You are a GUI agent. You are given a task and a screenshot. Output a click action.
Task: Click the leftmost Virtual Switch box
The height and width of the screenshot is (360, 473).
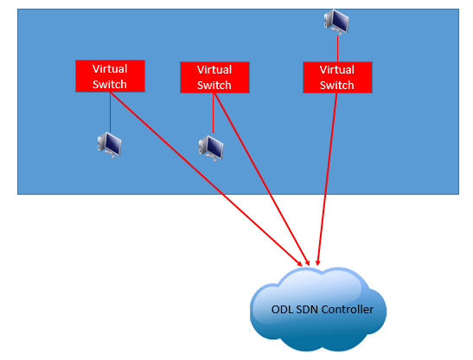(x=110, y=76)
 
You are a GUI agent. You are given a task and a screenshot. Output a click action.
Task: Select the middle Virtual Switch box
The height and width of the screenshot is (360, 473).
(x=214, y=77)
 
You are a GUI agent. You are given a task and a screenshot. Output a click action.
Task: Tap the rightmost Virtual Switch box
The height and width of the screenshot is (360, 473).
(x=337, y=77)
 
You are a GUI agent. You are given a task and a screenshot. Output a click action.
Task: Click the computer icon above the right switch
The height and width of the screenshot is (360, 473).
(x=336, y=22)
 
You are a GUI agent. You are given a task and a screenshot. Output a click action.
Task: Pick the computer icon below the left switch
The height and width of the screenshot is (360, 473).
(x=110, y=145)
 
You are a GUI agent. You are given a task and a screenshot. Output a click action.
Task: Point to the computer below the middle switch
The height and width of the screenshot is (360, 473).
(x=211, y=148)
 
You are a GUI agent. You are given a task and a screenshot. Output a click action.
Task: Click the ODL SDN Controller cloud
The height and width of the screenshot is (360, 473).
(x=318, y=309)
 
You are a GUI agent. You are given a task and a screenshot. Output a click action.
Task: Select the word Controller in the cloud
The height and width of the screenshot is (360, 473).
(x=348, y=309)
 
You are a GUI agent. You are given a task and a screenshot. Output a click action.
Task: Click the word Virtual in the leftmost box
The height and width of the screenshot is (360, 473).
(x=110, y=69)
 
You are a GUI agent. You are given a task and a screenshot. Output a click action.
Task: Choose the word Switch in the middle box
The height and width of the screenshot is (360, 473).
(x=214, y=85)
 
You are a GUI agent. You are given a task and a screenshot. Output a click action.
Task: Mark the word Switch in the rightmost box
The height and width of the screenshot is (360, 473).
(x=336, y=85)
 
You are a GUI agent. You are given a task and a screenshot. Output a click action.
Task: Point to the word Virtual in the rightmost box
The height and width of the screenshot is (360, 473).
(x=337, y=70)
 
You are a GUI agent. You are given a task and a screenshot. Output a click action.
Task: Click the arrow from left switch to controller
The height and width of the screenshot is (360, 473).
(x=206, y=179)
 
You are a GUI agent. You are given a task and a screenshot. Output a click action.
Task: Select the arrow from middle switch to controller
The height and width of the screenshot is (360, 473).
(x=261, y=179)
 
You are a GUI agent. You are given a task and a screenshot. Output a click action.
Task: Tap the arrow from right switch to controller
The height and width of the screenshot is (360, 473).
(x=327, y=179)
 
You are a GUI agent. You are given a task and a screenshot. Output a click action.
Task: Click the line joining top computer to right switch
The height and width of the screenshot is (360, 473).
(x=337, y=48)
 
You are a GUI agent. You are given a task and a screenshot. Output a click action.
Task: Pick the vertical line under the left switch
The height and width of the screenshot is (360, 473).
(x=110, y=112)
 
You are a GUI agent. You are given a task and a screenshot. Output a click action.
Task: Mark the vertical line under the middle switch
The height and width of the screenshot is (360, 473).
(x=213, y=113)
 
